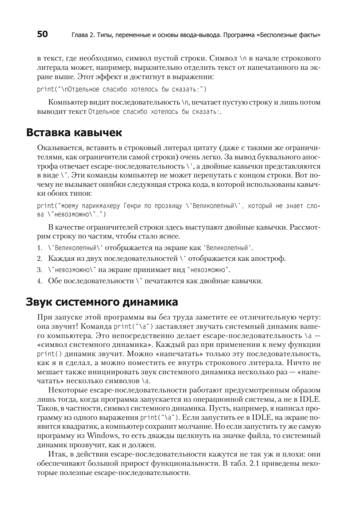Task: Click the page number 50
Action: [x=42, y=35]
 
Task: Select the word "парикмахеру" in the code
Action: [x=92, y=206]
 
